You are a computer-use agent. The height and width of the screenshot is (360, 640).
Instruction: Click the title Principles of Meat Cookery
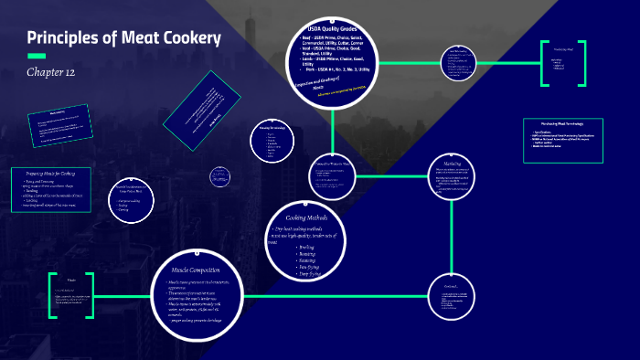pyautogui.click(x=123, y=38)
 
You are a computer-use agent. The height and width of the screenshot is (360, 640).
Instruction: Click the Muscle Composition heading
pyautogui.click(x=197, y=270)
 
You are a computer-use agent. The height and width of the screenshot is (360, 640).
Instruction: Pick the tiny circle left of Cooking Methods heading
pyautogui.click(x=219, y=175)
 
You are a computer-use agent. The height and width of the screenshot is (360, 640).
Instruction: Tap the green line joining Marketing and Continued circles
pyautogui.click(x=454, y=238)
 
